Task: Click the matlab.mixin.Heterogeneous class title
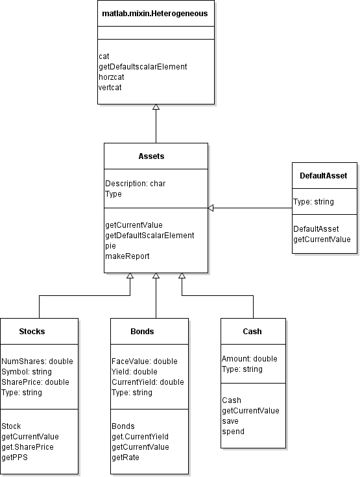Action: [x=156, y=13]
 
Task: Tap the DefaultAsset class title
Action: [x=324, y=175]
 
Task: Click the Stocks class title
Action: [x=32, y=331]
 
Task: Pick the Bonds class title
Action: [x=142, y=331]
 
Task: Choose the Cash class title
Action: [x=252, y=331]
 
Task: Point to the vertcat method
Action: [x=110, y=86]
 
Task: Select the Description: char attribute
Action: [x=135, y=184]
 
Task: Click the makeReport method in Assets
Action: [x=127, y=256]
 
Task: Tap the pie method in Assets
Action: [x=110, y=246]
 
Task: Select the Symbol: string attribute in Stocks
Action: [x=26, y=372]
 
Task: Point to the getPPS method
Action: [x=16, y=458]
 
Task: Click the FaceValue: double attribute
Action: [x=144, y=361]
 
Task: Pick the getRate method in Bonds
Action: [x=126, y=458]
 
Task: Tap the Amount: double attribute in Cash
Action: [x=249, y=359]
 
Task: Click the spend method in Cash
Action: [x=233, y=432]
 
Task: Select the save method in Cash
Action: [x=231, y=421]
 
